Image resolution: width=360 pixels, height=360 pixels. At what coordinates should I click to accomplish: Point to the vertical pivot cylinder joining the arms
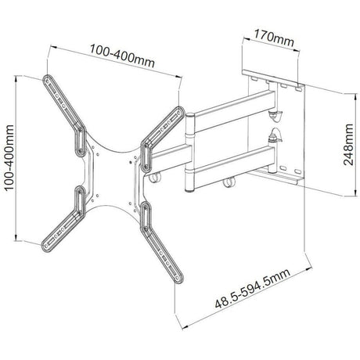coord(189,153)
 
